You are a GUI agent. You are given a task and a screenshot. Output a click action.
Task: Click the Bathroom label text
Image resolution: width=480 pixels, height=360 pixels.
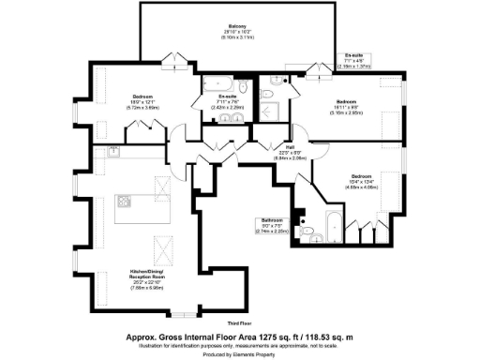271,220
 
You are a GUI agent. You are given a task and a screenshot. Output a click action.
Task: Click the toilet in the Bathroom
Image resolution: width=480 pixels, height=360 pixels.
306,229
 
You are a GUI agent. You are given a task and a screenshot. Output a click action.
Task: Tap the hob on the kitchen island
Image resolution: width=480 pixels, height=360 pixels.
125,202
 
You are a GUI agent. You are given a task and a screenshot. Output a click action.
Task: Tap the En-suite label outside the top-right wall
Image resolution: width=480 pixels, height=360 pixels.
355,55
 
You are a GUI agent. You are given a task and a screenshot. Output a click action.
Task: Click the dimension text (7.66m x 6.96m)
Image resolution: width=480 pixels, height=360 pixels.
148,289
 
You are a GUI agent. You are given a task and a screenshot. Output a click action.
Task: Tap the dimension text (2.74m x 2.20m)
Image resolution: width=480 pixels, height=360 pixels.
271,232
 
